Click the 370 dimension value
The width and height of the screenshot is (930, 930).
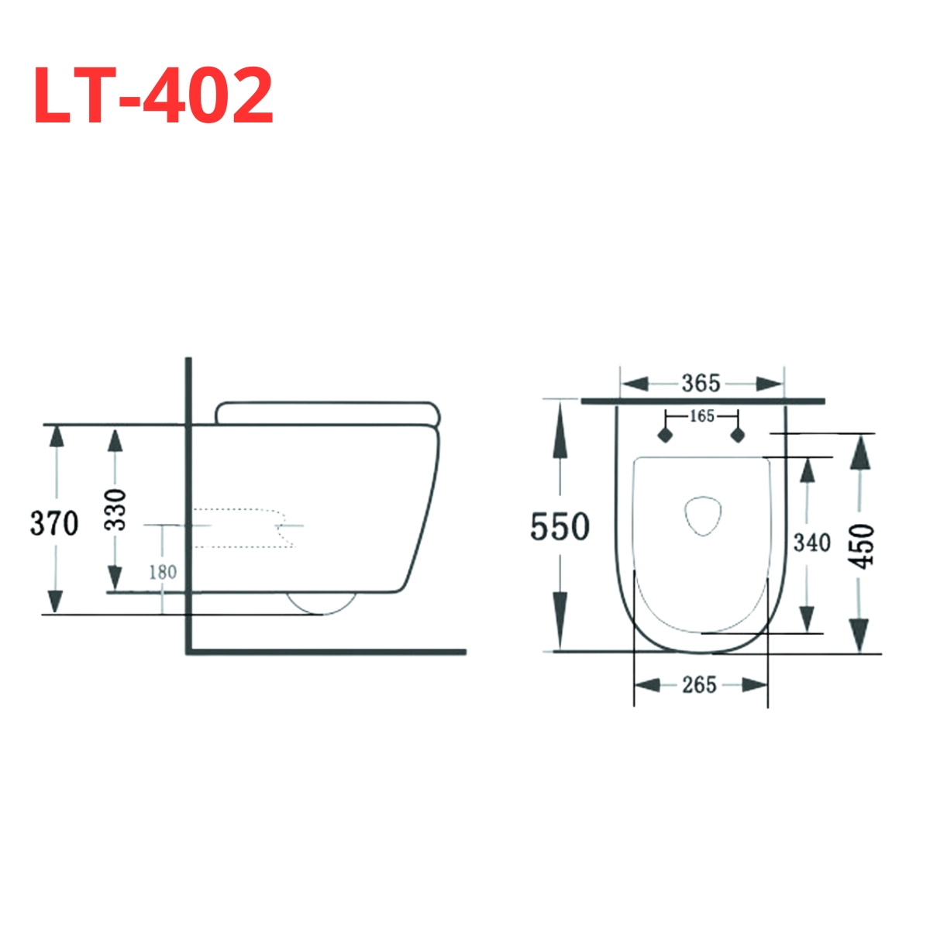54,524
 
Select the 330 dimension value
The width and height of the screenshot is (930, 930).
115,509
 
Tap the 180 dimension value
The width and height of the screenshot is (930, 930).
163,573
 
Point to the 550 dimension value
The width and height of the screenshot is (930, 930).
560,528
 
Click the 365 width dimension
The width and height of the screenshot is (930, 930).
701,383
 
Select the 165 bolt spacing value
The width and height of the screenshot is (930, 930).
701,416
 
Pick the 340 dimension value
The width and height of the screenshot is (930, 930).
811,543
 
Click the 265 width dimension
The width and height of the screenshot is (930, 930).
699,685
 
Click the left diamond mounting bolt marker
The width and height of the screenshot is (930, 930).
664,435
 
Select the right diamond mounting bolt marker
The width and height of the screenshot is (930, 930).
737,435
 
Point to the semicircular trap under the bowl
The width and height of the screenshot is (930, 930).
321,604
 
